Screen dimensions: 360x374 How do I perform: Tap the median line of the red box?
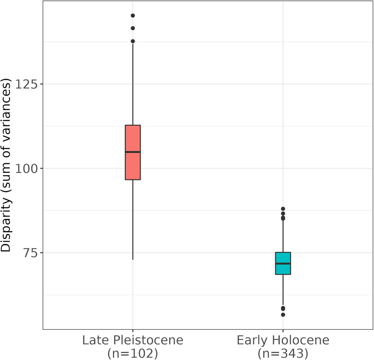[133, 152]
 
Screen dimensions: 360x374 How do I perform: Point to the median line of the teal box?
[283, 263]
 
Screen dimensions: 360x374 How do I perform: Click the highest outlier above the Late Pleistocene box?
[133, 16]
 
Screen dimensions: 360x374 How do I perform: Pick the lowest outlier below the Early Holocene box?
[283, 314]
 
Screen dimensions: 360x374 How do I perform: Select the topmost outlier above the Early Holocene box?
[283, 209]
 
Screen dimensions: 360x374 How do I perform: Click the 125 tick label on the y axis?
[27, 84]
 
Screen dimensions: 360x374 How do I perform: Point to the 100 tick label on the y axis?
[27, 168]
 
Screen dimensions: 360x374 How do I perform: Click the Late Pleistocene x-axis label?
[133, 340]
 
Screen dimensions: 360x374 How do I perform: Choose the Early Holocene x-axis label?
[283, 340]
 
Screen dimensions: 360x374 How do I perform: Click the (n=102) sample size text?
[133, 353]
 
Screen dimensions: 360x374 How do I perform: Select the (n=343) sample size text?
[283, 353]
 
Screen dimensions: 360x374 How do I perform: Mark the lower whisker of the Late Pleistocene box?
[133, 220]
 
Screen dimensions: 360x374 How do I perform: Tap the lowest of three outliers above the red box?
[133, 41]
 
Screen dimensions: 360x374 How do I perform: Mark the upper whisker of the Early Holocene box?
[283, 236]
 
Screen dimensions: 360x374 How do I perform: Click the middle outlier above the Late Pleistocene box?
[133, 28]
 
